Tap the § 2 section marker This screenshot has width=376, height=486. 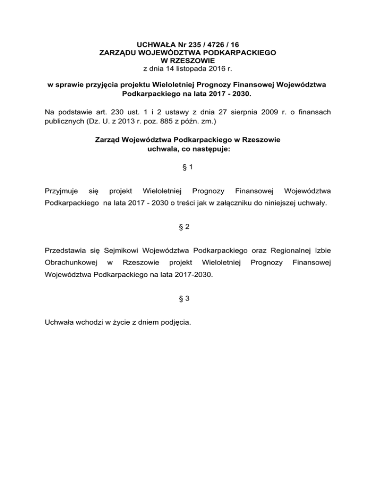tap(188, 226)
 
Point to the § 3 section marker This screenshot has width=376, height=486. tap(188, 301)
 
